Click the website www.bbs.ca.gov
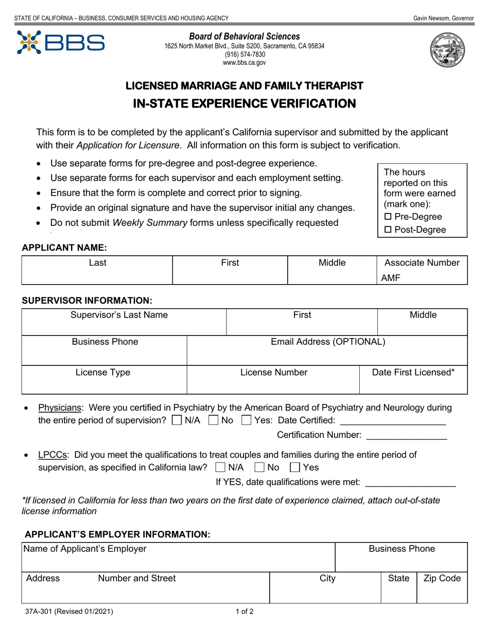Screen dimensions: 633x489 pyautogui.click(x=244, y=63)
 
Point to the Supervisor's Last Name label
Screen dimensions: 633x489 pyautogui.click(x=119, y=315)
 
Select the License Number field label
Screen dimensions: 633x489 pyautogui.click(x=274, y=372)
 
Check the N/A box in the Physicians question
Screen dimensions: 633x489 pyautogui.click(x=177, y=420)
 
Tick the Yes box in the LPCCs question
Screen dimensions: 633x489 pyautogui.click(x=294, y=467)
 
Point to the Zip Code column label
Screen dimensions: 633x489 pyautogui.click(x=442, y=578)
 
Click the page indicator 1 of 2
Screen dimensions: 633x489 pyautogui.click(x=244, y=612)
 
